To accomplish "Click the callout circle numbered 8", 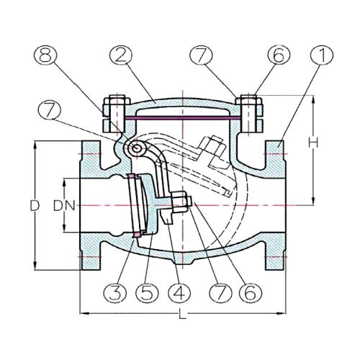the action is click(x=45, y=55).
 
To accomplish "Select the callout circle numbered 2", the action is click(x=121, y=55).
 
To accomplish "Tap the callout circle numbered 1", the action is click(x=322, y=55).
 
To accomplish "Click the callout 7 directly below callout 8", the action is click(x=50, y=111).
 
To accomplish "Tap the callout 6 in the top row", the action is click(x=279, y=55).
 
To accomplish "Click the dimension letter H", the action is click(x=313, y=143).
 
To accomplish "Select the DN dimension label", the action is click(x=64, y=206).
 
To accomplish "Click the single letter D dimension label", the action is click(x=35, y=206).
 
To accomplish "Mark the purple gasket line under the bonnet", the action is click(x=183, y=117).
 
